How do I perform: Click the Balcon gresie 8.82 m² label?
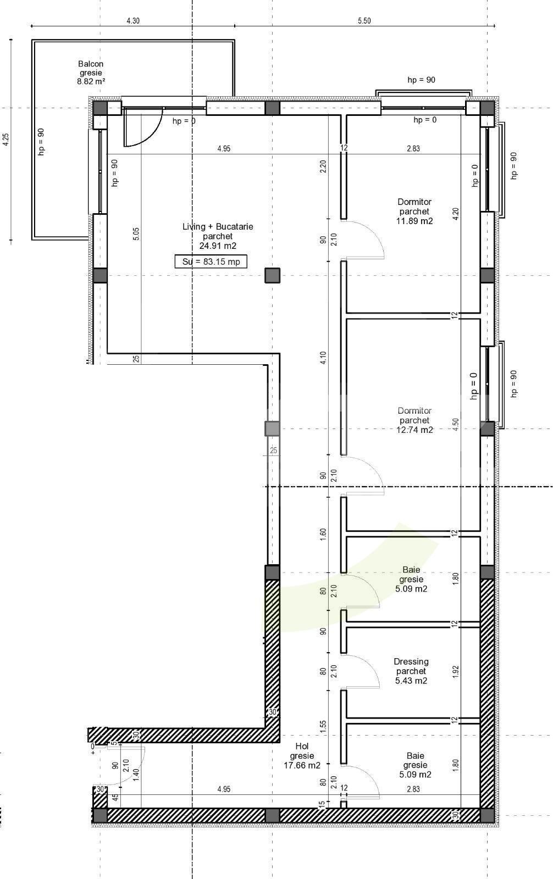91,73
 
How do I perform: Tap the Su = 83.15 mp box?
211,262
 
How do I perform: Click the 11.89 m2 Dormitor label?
414,212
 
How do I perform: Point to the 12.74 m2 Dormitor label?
414,420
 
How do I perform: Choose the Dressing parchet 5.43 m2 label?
411,671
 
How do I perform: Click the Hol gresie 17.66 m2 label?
302,755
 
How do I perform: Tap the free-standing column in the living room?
273,275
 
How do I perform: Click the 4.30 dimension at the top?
133,21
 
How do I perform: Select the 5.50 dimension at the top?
364,21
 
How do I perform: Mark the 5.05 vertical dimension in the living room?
136,233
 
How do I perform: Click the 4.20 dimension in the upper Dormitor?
455,214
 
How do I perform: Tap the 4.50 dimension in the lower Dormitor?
455,425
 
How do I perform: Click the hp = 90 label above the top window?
421,80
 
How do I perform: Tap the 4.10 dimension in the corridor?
323,358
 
